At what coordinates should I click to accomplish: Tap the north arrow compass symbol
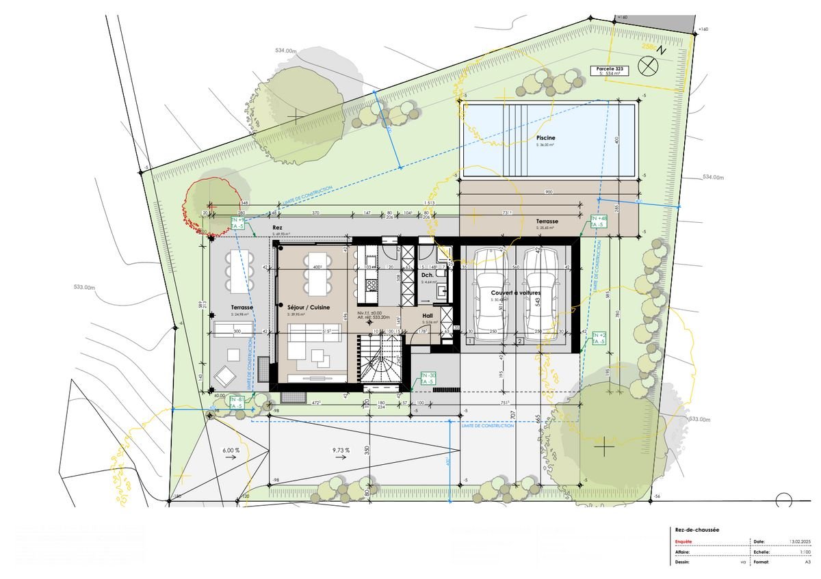tap(647, 66)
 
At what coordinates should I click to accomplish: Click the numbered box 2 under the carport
tap(520, 340)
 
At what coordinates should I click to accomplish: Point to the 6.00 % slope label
tap(231, 450)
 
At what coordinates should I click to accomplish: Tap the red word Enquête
tap(683, 541)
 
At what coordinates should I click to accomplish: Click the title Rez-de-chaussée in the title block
tap(694, 529)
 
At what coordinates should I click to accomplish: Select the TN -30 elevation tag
tap(428, 379)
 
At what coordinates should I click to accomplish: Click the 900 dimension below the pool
tap(549, 192)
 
